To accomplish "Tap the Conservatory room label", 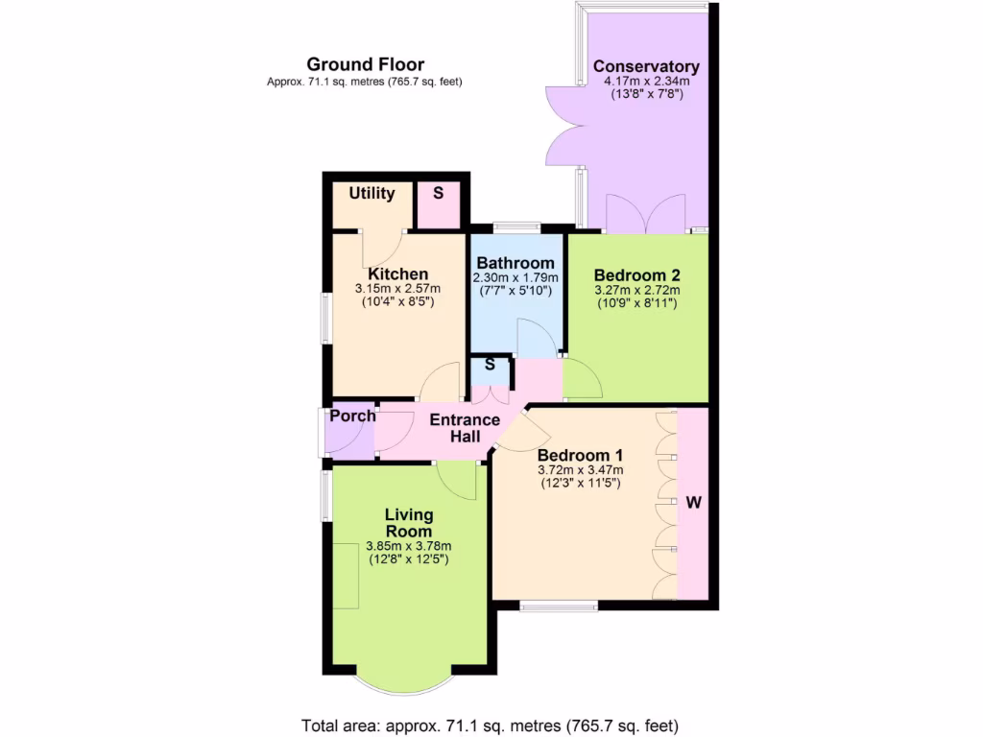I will point(646,66).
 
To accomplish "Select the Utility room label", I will point(372,193).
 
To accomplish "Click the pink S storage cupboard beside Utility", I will point(439,193).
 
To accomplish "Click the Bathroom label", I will point(515,263).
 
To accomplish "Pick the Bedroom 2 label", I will point(636,273).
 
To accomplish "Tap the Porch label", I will point(352,416).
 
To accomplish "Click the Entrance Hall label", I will point(465,428).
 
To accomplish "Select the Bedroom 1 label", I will point(580,455).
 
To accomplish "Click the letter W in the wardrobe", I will point(693,502).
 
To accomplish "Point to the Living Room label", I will point(409,523).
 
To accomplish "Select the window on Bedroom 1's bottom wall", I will point(559,606).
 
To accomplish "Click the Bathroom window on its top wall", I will point(515,227).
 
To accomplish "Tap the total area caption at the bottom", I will point(491,725).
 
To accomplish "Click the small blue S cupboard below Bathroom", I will point(490,366).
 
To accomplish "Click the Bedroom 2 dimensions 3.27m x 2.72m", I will point(636,290).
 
